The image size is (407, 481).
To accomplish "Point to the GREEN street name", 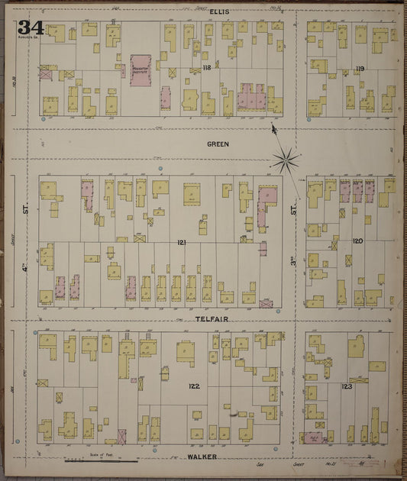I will point(218,144).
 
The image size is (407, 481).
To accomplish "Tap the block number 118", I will point(185,68).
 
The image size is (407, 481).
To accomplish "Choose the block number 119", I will point(360,69).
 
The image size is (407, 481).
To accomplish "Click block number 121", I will point(181,242).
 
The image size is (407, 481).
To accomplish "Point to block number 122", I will point(193,386).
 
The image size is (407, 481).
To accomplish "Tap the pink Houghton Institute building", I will point(141,70).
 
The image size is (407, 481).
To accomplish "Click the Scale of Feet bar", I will point(102,460).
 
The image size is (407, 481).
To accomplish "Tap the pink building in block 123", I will point(312,438).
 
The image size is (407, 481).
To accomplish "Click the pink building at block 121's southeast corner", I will point(266,304).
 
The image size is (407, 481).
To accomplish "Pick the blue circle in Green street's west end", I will point(160,168).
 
